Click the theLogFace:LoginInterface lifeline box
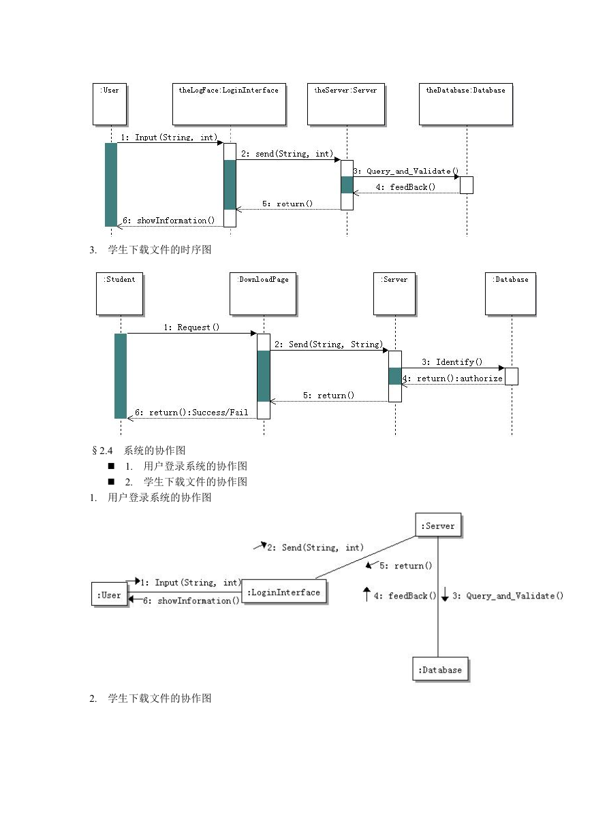(x=229, y=104)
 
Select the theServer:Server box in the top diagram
(x=346, y=104)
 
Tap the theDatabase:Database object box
(x=466, y=104)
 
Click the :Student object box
(x=119, y=293)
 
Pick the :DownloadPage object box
(x=263, y=293)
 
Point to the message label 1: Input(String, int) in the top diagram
(x=169, y=138)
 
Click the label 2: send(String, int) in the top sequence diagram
(x=287, y=154)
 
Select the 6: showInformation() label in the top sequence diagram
(x=168, y=221)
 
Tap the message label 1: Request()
(x=191, y=327)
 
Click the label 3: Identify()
(x=452, y=362)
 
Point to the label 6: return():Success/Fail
(x=191, y=413)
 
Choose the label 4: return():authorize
(x=452, y=379)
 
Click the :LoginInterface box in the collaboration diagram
(x=284, y=592)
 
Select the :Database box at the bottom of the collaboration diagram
(x=440, y=669)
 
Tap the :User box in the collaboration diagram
(x=110, y=594)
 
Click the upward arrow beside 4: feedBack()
(x=367, y=594)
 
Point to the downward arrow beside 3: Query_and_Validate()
(x=444, y=594)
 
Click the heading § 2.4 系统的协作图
(x=138, y=451)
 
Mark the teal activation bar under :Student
(x=121, y=376)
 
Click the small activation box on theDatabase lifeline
(x=467, y=185)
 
